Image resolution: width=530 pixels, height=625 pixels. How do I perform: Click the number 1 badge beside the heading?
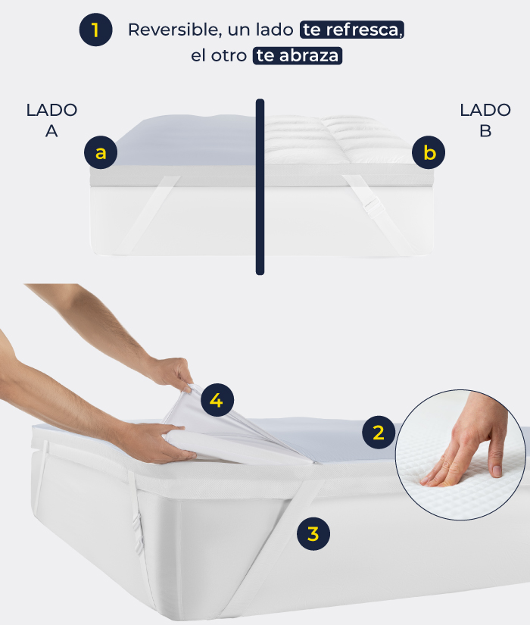tap(95, 30)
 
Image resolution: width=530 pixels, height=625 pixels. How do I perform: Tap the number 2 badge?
tap(379, 433)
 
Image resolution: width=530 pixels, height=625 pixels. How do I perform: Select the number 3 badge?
tap(313, 534)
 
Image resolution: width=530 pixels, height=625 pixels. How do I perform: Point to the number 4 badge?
tap(217, 400)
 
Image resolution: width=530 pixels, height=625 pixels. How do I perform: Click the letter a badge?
tap(101, 152)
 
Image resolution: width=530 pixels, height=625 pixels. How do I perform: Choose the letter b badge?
tap(429, 152)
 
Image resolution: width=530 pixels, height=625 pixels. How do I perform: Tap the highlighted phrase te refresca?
tap(352, 30)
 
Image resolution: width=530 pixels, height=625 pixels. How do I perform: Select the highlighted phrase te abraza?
tap(298, 56)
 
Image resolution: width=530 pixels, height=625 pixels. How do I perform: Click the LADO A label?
tap(51, 120)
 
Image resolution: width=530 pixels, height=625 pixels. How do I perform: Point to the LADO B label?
tap(485, 120)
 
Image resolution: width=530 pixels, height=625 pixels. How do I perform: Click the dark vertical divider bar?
tap(260, 186)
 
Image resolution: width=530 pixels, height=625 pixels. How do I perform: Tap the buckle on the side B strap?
tap(374, 207)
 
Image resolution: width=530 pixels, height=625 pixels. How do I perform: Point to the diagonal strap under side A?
tap(148, 214)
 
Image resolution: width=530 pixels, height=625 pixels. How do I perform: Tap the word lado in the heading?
tap(275, 30)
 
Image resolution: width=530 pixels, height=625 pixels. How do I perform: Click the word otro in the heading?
tap(229, 56)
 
